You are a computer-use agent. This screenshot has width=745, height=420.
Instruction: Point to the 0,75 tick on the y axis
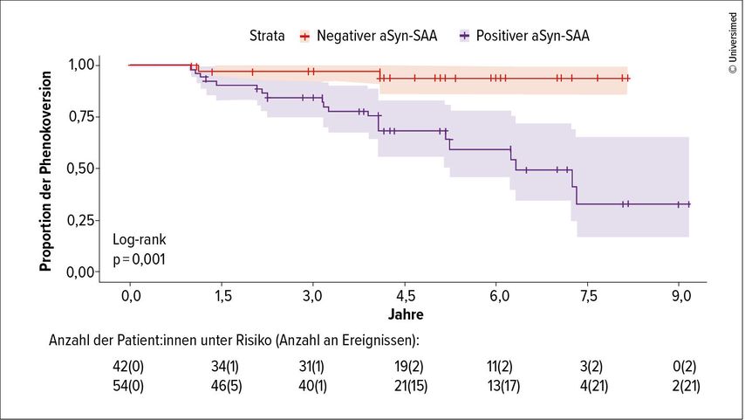coord(82,116)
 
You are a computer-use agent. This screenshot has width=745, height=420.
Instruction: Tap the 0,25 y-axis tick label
coord(82,220)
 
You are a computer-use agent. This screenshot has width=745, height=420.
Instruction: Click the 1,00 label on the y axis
coord(82,65)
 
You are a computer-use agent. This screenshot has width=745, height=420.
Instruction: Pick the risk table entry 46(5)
coord(222,387)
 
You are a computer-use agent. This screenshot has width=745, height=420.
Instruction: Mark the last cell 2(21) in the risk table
coord(680,387)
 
